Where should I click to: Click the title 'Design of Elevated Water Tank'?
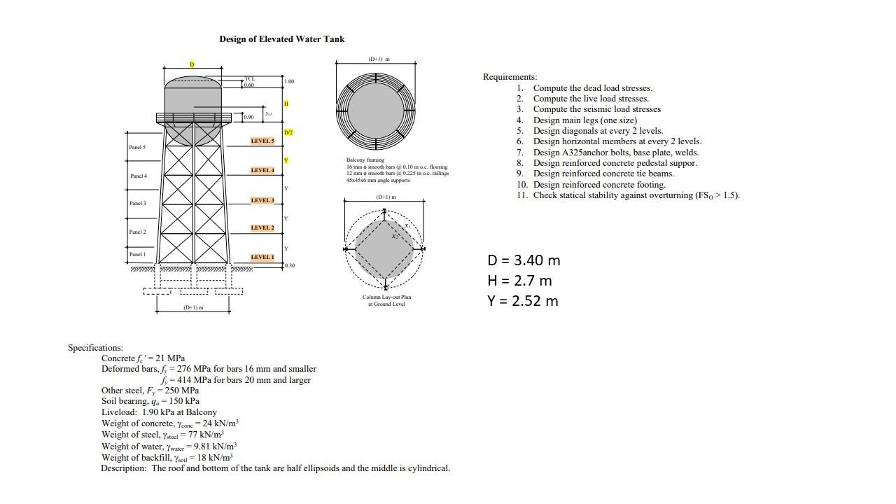[281, 39]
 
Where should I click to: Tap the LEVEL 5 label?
[262, 141]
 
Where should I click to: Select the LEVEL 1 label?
[262, 257]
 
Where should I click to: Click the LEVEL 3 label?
[262, 200]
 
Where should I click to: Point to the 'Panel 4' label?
[139, 176]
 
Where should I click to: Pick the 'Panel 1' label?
[138, 254]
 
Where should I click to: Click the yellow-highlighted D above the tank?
[192, 64]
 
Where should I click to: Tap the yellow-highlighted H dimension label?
[286, 104]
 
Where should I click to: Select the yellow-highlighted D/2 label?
[288, 132]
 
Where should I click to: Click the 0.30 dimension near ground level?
[290, 266]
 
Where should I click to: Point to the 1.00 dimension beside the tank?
[290, 82]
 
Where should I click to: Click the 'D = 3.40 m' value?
[524, 260]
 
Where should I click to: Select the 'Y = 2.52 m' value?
[523, 301]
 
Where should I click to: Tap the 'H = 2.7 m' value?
[519, 281]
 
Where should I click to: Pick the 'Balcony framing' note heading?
[365, 160]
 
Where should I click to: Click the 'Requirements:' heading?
[510, 77]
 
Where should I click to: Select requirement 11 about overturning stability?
[636, 195]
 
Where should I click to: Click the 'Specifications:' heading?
[95, 347]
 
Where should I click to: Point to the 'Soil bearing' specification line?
[150, 401]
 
